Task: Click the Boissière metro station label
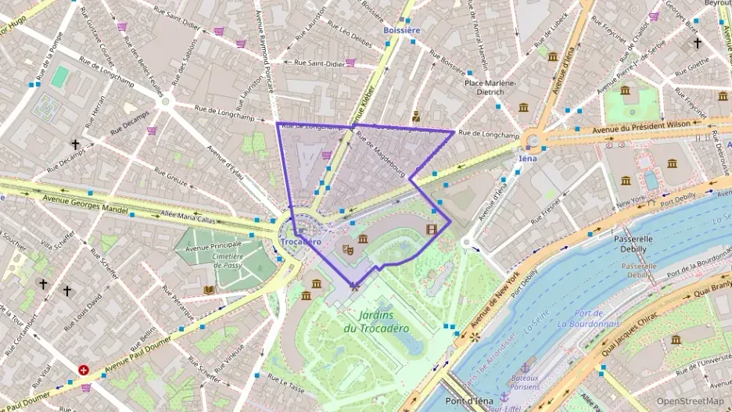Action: coord(401,30)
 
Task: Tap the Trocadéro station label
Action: coord(300,242)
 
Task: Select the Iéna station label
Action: coord(529,157)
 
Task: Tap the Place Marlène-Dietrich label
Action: coord(490,87)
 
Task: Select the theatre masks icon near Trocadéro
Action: coord(348,249)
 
